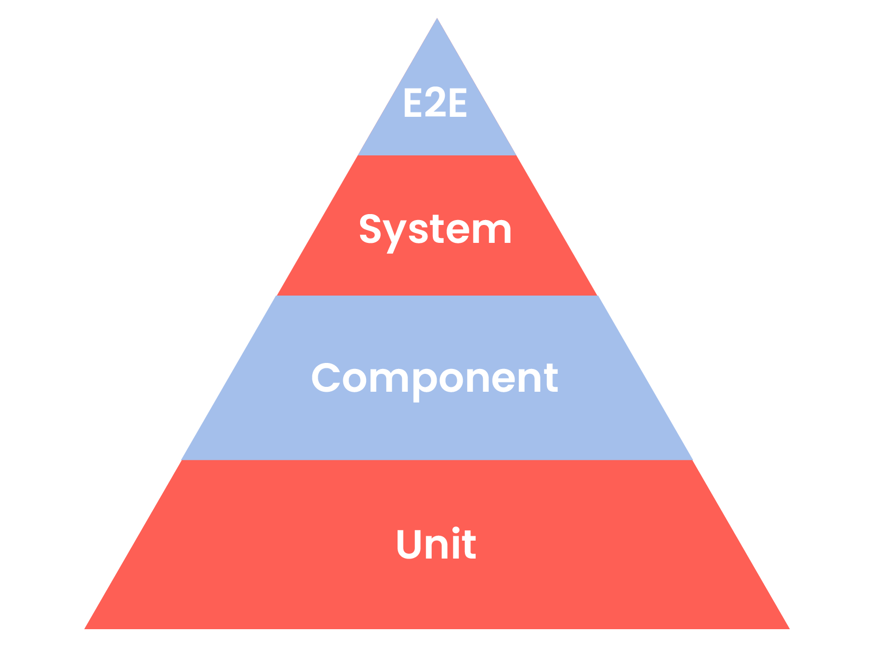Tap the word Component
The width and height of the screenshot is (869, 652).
coord(434,379)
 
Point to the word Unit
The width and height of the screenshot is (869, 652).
coord(436,544)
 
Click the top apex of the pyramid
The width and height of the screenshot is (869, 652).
coord(437,19)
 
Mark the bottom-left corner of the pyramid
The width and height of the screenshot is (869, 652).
coord(86,628)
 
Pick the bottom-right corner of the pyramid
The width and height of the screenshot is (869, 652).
coord(788,628)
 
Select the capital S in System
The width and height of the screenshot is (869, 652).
coord(370,229)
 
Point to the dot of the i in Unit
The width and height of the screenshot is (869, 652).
coord(454,530)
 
